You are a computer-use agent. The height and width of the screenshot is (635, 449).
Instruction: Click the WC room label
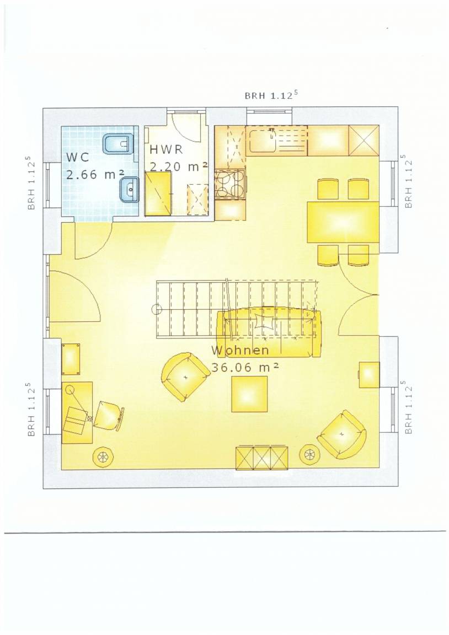pos(77,157)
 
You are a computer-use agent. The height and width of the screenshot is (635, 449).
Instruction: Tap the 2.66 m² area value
pos(95,175)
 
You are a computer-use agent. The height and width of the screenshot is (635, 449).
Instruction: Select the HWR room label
pos(167,149)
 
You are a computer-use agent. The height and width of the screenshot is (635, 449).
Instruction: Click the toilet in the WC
pos(118,144)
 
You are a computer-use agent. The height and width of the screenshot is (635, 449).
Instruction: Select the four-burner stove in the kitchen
pos(230,185)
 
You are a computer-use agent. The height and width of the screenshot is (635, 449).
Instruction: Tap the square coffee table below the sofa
pos(249,394)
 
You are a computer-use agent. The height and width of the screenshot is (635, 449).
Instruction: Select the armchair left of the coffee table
pos(185,376)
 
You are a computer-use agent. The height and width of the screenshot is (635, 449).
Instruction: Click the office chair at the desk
pos(108,415)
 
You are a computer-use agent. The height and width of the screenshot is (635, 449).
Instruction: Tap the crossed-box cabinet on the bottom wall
pos(263,458)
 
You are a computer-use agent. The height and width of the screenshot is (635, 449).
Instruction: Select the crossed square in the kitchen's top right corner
pos(364,139)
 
